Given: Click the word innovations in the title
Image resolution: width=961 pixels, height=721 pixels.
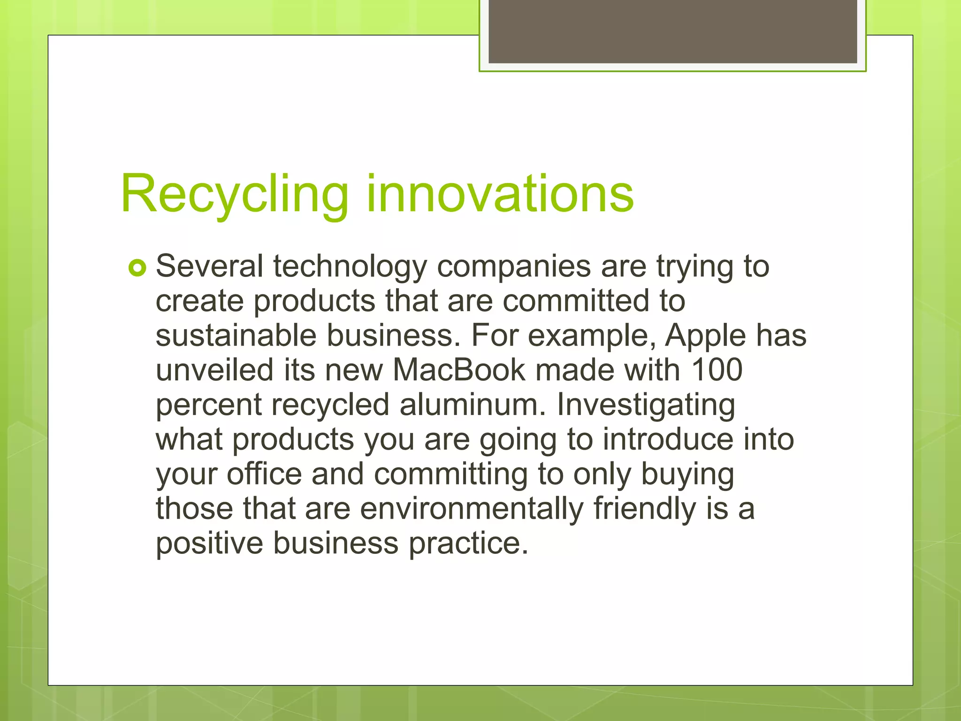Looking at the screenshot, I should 500,193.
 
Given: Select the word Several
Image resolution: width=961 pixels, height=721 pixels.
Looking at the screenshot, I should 209,266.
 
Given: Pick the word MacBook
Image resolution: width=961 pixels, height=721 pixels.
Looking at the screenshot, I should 459,370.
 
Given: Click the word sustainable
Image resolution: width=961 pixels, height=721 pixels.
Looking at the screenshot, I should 236,336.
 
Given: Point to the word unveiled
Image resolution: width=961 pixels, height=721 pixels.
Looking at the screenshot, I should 214,370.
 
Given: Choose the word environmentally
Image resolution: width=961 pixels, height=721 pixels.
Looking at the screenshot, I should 472,508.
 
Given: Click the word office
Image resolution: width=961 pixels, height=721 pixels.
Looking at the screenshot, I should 264,474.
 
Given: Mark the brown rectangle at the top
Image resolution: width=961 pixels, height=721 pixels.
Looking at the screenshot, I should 672,31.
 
